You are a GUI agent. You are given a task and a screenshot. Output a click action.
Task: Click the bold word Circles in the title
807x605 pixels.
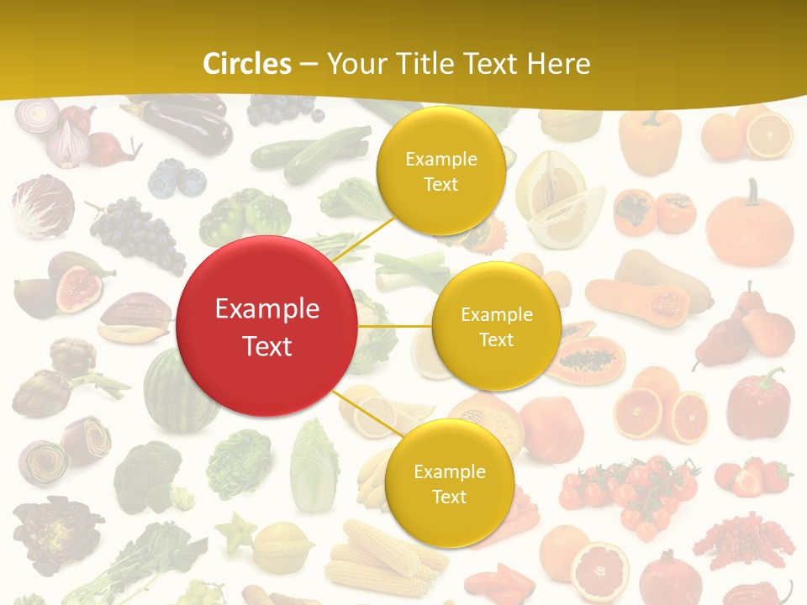(x=247, y=64)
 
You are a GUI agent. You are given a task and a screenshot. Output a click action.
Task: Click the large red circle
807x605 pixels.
(x=267, y=326)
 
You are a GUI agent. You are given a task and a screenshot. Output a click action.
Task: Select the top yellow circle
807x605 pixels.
(x=440, y=171)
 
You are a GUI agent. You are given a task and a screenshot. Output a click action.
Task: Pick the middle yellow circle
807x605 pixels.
(x=496, y=326)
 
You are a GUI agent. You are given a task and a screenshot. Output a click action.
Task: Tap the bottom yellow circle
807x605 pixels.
(x=449, y=483)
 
